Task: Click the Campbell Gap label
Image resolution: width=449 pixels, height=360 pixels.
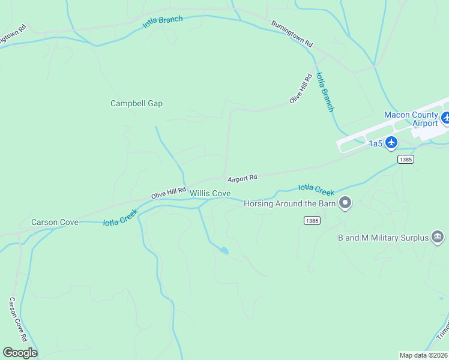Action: [136, 103]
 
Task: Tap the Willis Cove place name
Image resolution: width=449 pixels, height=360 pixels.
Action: [210, 193]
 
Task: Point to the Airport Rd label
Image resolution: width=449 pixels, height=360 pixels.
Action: [242, 178]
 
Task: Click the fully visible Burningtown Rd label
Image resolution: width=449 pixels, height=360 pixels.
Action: [292, 35]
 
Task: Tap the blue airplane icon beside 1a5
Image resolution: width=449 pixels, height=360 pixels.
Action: [391, 142]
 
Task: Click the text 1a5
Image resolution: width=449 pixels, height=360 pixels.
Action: [375, 143]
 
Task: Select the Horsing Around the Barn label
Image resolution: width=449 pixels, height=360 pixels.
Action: [289, 203]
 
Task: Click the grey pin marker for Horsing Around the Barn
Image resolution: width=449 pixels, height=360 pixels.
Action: [345, 203]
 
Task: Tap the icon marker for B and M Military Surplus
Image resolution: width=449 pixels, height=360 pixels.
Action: [438, 237]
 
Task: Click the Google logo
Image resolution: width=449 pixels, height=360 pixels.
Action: [20, 353]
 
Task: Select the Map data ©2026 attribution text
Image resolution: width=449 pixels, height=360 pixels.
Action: [423, 355]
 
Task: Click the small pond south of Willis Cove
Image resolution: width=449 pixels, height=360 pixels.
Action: [224, 250]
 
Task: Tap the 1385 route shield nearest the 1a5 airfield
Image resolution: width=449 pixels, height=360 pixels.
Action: [405, 159]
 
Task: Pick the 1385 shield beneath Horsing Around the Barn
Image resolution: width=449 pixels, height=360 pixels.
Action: [312, 221]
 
